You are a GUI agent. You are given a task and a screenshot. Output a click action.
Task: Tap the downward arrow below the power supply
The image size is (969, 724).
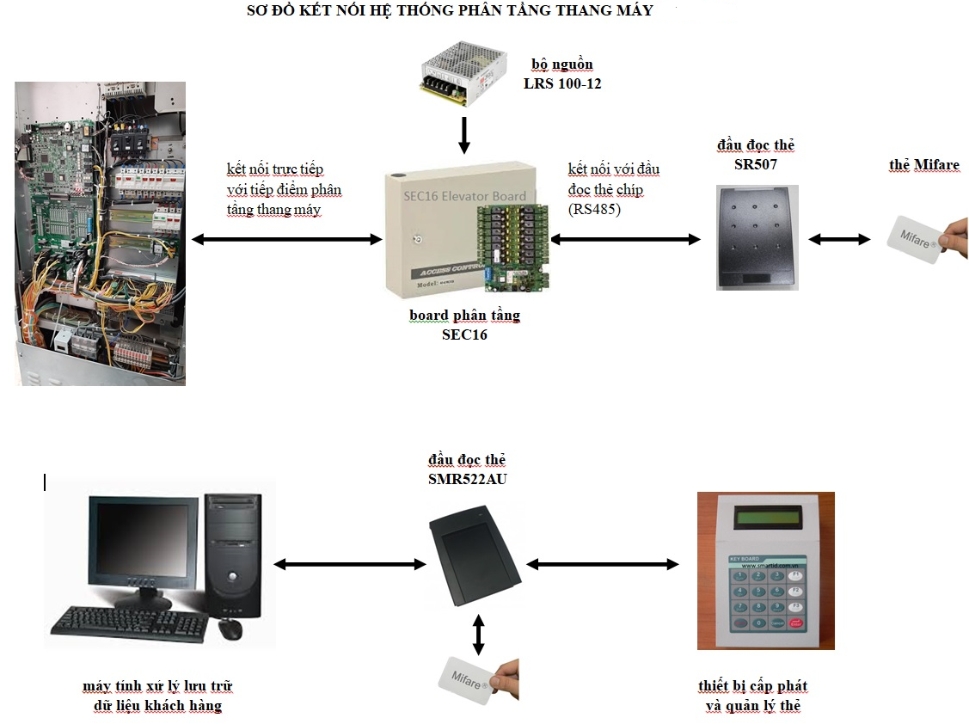pos(464,134)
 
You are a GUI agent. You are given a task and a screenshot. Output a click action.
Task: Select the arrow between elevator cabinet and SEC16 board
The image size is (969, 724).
pos(286,240)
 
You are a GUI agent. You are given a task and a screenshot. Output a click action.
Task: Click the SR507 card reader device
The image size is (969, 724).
pos(757,236)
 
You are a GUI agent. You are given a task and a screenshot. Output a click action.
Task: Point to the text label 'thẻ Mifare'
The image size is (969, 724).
pos(924,165)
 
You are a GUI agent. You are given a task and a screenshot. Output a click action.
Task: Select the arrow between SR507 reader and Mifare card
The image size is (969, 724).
pos(840,240)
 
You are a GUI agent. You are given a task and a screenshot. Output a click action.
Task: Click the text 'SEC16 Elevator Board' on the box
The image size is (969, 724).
pos(464,196)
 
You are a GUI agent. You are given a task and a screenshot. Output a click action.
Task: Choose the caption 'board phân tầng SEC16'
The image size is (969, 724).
pos(464,325)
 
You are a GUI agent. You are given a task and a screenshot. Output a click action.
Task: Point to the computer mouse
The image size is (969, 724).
pos(230,629)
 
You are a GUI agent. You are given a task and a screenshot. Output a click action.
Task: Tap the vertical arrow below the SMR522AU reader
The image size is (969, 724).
pos(479,635)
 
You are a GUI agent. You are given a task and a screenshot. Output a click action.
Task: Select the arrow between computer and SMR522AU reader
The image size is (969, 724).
pos(350,564)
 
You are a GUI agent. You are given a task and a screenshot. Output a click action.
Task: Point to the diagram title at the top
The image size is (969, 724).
pos(450,10)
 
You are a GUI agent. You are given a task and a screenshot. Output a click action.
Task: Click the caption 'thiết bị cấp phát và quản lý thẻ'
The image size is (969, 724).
pos(753,696)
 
